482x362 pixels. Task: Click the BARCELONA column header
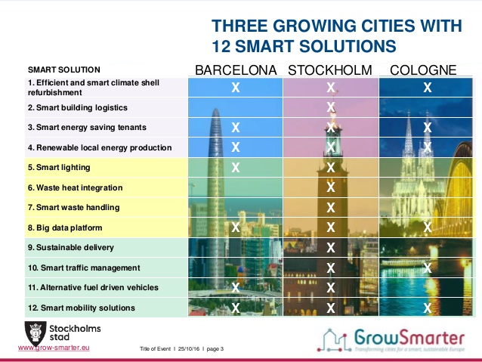236,70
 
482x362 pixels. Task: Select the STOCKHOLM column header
330,70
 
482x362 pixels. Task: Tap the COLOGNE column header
423,70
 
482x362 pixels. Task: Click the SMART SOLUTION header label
64,70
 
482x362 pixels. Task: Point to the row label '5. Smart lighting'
59,167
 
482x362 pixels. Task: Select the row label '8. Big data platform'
65,227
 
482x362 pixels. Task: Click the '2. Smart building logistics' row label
78,107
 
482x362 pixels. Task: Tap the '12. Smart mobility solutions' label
82,308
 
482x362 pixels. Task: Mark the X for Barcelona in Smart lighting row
236,167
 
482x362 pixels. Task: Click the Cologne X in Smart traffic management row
428,268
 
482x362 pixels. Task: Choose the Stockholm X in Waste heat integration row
331,187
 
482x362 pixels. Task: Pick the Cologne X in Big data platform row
428,227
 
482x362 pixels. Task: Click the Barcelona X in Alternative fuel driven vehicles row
236,288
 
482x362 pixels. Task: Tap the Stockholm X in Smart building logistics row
331,107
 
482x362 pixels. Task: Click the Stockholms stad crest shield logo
36,333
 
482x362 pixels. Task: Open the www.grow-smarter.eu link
54,348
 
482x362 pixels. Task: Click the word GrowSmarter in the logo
409,337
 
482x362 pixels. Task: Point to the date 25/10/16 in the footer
189,349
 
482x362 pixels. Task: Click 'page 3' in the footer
215,349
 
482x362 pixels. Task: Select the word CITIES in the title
388,26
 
